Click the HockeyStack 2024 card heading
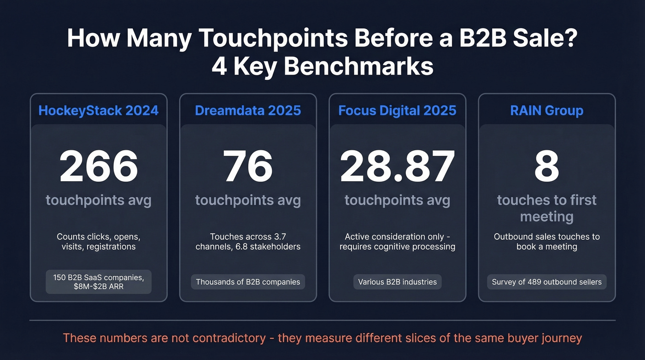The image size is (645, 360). click(99, 111)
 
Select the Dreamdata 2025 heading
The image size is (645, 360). click(248, 111)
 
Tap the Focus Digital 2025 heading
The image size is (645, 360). click(397, 111)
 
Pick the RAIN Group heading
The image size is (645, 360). click(547, 111)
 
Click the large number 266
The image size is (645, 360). click(99, 166)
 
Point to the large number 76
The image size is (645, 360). click(248, 166)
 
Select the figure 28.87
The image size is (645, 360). click(397, 166)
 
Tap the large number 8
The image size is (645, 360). click(547, 166)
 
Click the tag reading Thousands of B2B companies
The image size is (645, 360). click(248, 282)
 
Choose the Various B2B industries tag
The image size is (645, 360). click(397, 282)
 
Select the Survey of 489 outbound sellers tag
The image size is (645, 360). click(547, 282)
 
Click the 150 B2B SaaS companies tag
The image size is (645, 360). click(99, 282)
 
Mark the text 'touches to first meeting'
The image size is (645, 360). click(547, 208)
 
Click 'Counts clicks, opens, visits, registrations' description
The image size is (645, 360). click(99, 242)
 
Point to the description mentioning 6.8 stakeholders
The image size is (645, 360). click(248, 242)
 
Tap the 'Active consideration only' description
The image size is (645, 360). click(397, 242)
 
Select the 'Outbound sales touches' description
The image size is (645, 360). click(547, 242)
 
